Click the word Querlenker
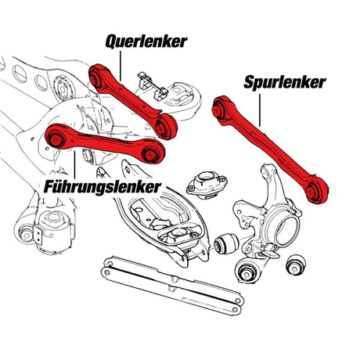146,41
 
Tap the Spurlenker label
285,82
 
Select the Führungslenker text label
103,187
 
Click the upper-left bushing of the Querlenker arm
94,77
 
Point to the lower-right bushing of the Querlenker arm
166,126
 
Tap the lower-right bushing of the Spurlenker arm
317,191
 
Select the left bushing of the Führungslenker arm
55,139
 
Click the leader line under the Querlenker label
121,66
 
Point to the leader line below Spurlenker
260,110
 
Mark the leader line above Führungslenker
75,165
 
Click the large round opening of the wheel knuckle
287,230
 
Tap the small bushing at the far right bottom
296,265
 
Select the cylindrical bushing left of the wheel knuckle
226,243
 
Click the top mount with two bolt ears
207,184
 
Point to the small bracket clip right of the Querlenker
153,86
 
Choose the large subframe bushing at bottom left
52,229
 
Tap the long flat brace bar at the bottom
172,285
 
